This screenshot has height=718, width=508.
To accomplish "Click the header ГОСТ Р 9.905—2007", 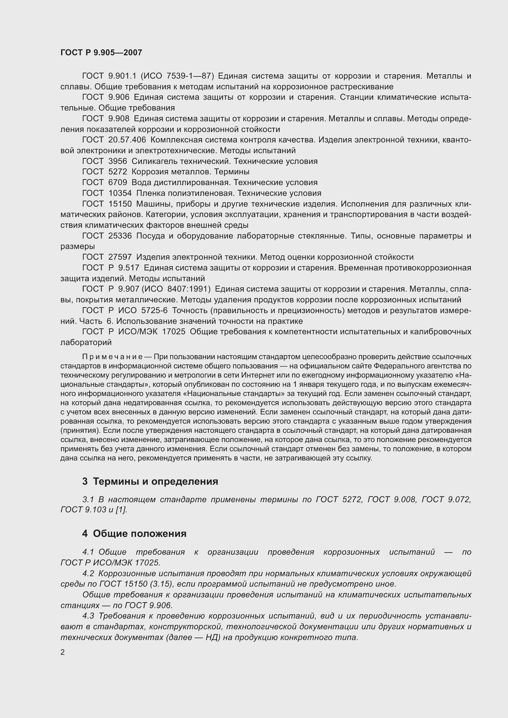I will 101,52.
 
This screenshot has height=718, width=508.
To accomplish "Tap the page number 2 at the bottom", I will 63,652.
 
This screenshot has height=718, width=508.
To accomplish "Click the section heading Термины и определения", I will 155,481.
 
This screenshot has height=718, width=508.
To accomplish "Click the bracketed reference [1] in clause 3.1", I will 121,510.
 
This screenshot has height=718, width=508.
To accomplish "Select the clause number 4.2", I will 88,573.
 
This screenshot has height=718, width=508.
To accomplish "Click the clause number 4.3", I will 88,616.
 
